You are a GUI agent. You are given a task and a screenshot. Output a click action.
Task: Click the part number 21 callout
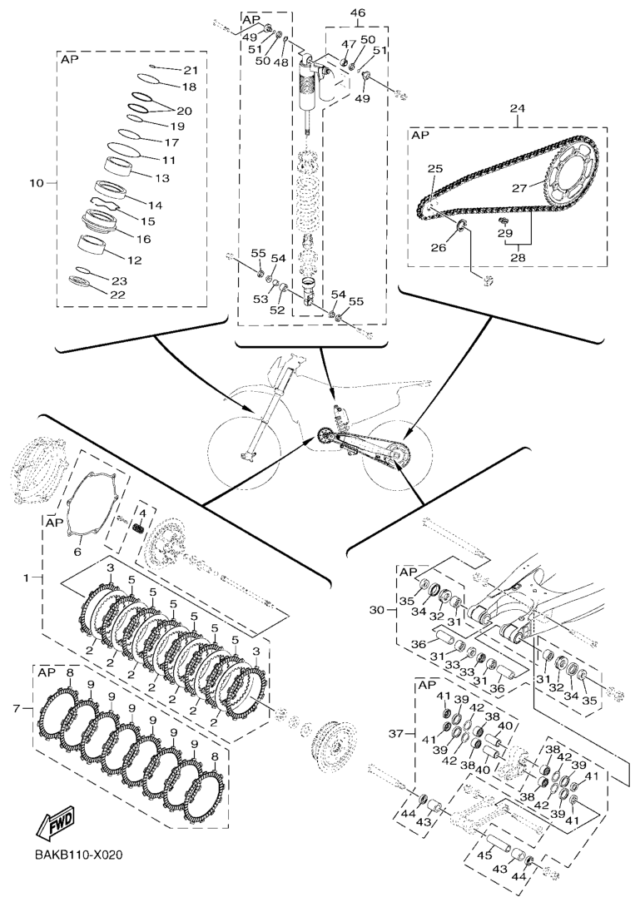coord(191,71)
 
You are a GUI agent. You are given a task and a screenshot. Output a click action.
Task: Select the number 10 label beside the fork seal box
coord(37,183)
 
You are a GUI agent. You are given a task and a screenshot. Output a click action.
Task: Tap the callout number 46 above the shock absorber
coord(358,12)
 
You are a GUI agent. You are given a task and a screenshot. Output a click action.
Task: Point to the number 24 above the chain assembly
coord(518,108)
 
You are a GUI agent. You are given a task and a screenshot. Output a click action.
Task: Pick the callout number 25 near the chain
coord(435,170)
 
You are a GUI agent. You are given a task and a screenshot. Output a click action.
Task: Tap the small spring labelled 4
coord(139,528)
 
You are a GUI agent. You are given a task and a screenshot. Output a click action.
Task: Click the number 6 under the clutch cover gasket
coord(77,553)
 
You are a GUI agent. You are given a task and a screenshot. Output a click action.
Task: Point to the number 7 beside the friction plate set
coord(16,708)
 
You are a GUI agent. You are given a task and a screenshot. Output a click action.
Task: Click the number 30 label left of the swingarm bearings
coord(378,610)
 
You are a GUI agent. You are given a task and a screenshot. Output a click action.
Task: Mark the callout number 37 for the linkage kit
coord(396,733)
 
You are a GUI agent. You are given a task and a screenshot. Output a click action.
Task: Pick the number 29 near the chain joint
coord(505,233)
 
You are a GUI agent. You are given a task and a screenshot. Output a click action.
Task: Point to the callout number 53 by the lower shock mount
coord(262,299)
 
